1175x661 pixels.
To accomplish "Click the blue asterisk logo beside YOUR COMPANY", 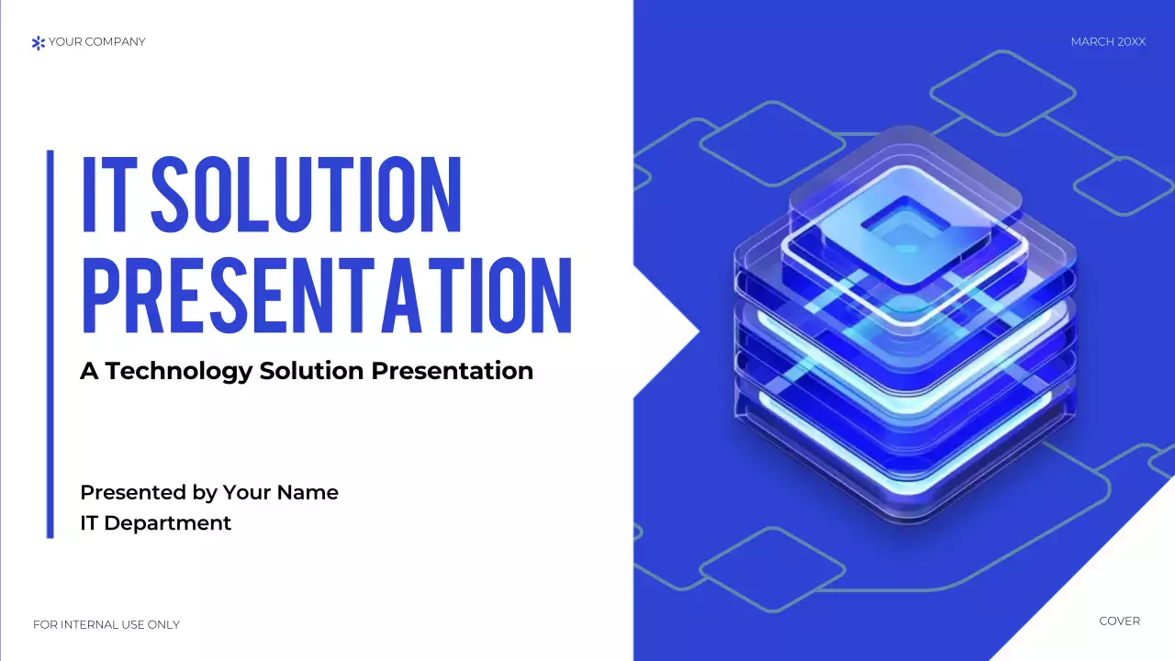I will tap(38, 42).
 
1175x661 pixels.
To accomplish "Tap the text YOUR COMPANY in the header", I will tap(96, 41).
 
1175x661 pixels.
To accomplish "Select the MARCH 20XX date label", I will tap(1108, 42).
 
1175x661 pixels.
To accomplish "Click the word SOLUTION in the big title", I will tap(306, 195).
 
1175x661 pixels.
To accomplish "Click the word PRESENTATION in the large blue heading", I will tap(327, 296).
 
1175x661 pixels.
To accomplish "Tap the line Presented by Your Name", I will tap(209, 492).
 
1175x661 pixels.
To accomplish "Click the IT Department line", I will tap(156, 523).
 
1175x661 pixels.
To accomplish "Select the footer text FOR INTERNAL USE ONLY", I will tap(106, 625).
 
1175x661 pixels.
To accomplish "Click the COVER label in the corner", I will tap(1119, 622).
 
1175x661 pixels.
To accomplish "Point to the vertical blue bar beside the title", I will tap(50, 343).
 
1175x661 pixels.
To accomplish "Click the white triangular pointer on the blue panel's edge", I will tap(663, 330).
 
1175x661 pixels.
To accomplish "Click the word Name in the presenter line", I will tap(308, 492).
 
